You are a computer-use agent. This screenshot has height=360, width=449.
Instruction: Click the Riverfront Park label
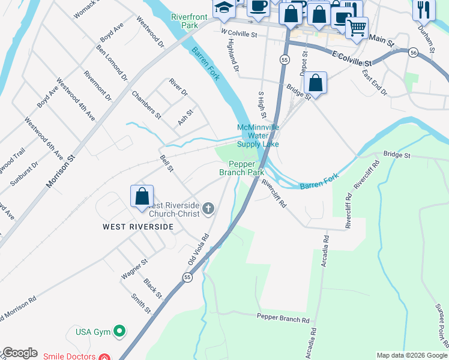click(x=184, y=22)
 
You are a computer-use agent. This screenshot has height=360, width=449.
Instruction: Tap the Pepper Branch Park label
click(x=242, y=168)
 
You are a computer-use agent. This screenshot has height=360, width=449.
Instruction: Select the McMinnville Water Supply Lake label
click(x=258, y=136)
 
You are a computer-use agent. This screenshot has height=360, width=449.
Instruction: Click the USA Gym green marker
click(x=120, y=331)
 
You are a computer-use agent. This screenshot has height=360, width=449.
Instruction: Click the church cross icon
click(x=208, y=208)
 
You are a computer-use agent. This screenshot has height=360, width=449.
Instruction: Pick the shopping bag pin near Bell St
click(x=142, y=197)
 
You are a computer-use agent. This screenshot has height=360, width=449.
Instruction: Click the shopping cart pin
click(x=357, y=27)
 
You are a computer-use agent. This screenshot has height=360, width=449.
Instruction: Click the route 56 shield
click(x=413, y=53)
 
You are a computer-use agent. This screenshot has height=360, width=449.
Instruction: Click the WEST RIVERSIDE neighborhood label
click(x=138, y=227)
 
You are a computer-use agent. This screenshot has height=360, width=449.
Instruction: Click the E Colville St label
click(x=351, y=58)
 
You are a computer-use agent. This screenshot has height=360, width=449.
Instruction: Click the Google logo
click(x=20, y=353)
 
